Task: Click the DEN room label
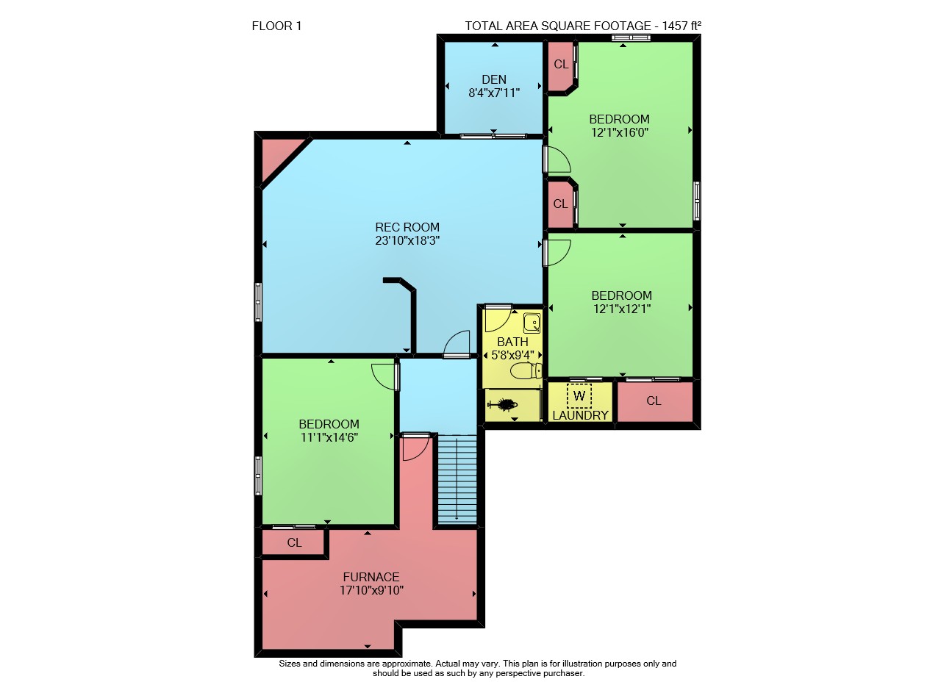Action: point(493,79)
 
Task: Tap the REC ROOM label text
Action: point(407,227)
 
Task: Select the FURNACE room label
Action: point(371,577)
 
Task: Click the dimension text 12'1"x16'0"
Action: point(620,132)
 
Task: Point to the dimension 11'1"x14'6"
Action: point(329,437)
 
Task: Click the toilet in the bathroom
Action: point(526,371)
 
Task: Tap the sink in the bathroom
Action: point(532,323)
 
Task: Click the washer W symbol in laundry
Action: point(579,395)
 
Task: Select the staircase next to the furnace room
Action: point(457,479)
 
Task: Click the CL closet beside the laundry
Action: point(654,401)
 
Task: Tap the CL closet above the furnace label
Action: point(293,542)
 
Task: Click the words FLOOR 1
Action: point(276,26)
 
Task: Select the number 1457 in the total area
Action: point(675,26)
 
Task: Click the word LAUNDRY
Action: point(580,415)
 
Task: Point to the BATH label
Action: point(512,342)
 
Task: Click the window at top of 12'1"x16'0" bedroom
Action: point(631,38)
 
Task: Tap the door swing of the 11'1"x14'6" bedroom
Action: point(384,377)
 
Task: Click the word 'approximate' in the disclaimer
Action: point(407,664)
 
